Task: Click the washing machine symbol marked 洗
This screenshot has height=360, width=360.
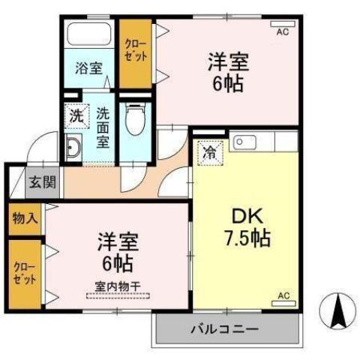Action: coord(76,115)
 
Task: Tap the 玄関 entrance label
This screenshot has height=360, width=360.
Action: coord(41,181)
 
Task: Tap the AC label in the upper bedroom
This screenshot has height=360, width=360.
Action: coord(283,32)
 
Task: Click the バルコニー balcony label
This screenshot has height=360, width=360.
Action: coord(223,328)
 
